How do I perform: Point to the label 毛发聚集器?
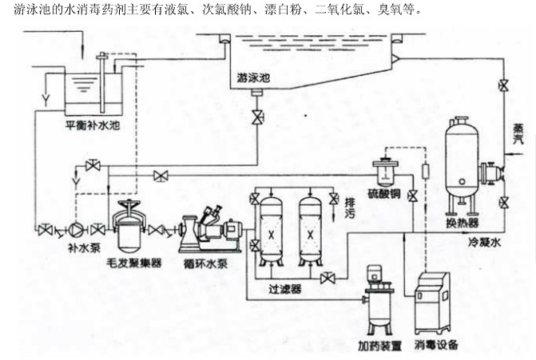point(134,262)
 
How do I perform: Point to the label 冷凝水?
point(506,239)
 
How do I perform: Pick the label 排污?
point(348,209)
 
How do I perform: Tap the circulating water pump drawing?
point(209,231)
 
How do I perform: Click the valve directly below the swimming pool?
point(256,117)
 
